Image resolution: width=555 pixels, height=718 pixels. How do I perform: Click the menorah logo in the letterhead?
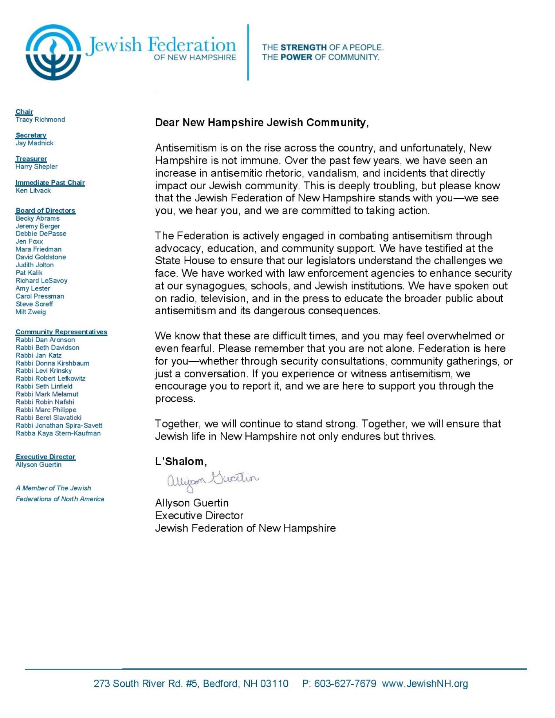point(53,52)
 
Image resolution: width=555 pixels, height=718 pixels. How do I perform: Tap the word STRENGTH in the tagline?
point(303,47)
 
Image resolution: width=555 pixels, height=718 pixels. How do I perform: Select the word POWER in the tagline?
point(296,57)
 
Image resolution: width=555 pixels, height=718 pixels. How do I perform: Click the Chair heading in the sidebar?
point(24,112)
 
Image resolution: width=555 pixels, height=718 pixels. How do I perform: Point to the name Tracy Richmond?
point(40,120)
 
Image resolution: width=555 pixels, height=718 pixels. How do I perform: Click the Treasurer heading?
point(31,159)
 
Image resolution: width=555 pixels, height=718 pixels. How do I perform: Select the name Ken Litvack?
point(33,190)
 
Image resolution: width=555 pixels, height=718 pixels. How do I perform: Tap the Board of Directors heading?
point(45,210)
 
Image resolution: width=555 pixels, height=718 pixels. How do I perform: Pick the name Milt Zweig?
point(31,312)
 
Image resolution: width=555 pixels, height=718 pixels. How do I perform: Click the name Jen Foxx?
point(29,241)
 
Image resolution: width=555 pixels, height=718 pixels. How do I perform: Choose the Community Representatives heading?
point(61,332)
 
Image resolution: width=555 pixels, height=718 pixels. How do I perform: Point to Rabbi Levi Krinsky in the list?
point(44,371)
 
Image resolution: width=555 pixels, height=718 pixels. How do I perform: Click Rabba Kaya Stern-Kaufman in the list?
point(58,433)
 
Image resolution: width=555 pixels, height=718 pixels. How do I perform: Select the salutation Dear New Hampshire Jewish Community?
point(261,123)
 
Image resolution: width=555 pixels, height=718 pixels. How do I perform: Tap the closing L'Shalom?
point(181,462)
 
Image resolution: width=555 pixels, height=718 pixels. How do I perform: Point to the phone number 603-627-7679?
point(345,684)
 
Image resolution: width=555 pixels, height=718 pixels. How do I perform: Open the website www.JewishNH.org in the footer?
point(425,684)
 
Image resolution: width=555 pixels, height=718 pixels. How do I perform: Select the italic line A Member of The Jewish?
point(53,488)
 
